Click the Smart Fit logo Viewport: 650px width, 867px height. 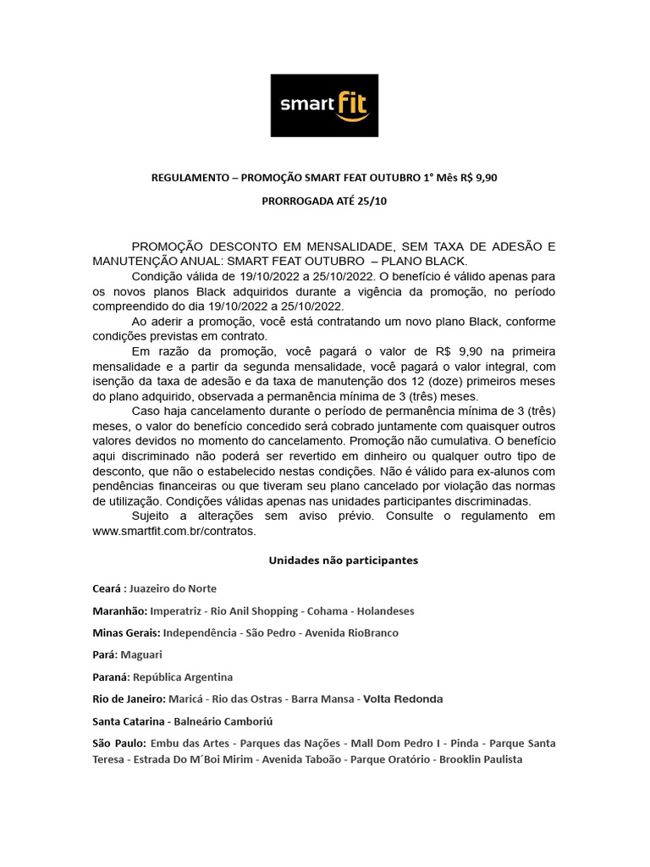pos(324,105)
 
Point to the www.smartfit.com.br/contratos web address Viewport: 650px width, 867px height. pos(173,532)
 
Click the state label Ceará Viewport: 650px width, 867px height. pos(108,588)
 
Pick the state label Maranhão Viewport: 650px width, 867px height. pos(119,610)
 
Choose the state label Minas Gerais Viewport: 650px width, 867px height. pos(126,632)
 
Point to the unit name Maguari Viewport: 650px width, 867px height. pos(141,654)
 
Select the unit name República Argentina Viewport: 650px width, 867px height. pos(183,677)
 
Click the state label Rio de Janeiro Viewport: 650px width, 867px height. pos(129,699)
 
